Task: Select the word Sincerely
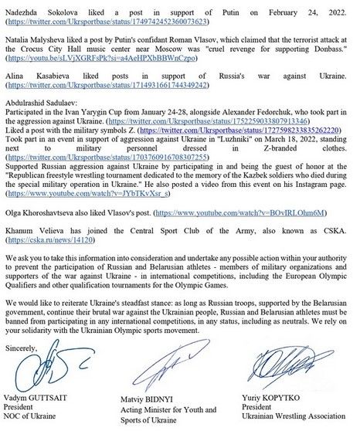pyautogui.click(x=21, y=348)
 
